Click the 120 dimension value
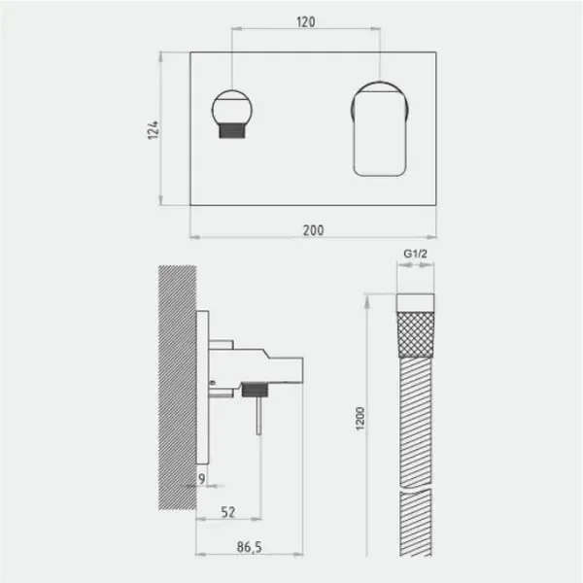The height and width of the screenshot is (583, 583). click(x=306, y=22)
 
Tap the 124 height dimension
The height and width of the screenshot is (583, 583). click(x=154, y=130)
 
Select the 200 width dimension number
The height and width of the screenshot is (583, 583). click(x=313, y=230)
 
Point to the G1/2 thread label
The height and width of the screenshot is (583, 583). click(x=415, y=254)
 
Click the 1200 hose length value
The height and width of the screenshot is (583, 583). click(x=360, y=419)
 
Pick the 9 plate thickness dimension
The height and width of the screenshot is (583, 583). click(x=201, y=479)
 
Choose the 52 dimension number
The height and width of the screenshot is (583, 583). click(x=228, y=512)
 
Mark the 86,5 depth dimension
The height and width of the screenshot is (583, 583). click(x=249, y=547)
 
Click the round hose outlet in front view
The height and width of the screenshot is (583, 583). click(x=232, y=108)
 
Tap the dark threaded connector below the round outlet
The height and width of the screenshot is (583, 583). click(x=232, y=130)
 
